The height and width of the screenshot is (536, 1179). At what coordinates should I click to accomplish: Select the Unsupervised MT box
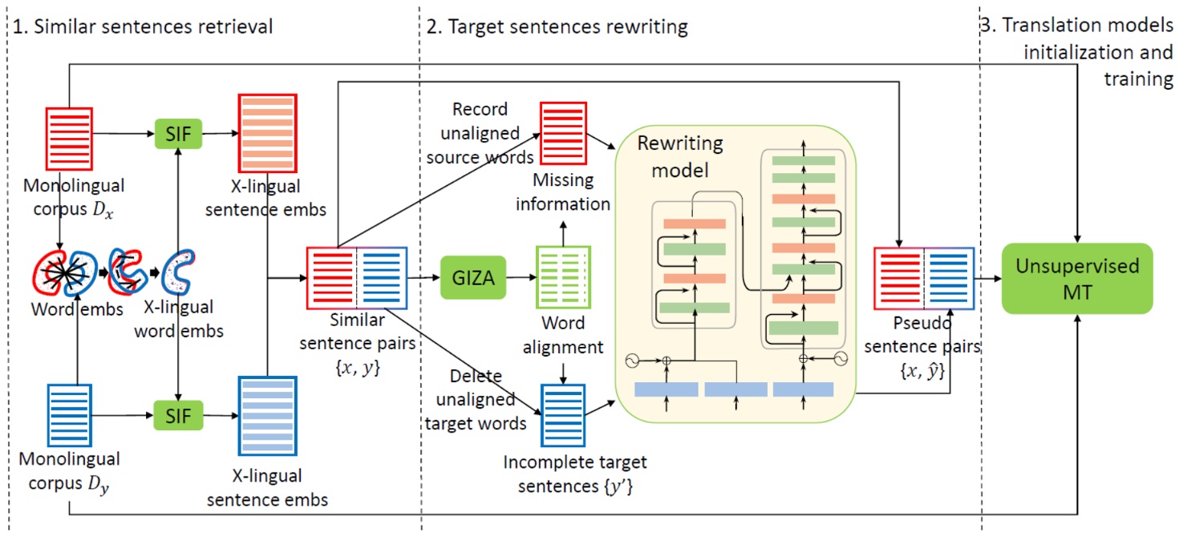1077,278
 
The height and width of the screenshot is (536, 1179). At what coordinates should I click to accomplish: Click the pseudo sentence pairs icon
925,278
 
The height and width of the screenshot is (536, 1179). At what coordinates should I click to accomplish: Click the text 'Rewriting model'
679,156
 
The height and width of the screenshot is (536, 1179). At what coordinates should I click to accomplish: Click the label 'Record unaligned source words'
486,133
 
